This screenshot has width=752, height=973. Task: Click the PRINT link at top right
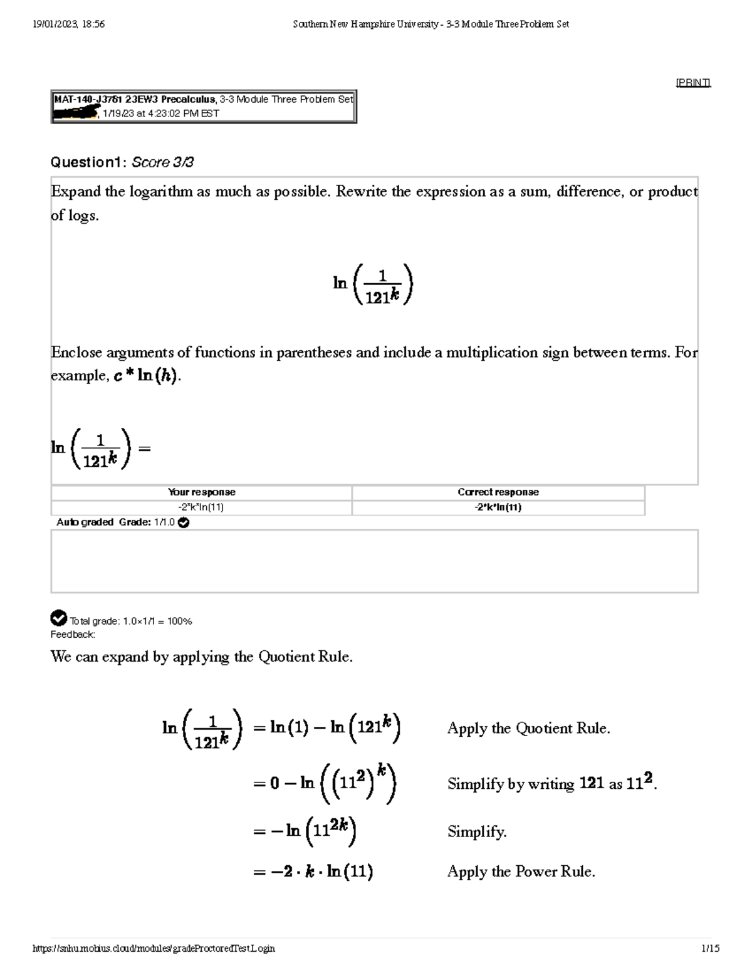pos(692,83)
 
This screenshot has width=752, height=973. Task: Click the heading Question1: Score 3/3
pos(122,163)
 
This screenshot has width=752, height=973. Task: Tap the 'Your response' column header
pos(201,492)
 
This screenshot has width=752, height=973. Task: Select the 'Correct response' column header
pos(498,492)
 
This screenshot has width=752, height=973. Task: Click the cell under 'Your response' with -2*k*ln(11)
pos(201,507)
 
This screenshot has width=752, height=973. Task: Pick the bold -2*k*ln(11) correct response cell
pos(498,507)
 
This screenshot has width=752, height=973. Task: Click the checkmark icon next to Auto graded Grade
pos(184,523)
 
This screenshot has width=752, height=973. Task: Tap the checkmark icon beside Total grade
pos(58,618)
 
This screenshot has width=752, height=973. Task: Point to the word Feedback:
pos(73,635)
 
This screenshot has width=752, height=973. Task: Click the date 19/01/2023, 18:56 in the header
pos(68,24)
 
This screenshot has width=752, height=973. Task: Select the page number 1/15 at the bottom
pos(711,949)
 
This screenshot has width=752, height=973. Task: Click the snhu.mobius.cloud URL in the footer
pos(154,949)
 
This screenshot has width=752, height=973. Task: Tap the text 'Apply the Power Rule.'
pos(521,872)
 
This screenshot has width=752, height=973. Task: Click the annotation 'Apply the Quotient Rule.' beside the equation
pos(528,728)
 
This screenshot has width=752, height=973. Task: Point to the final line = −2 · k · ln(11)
pos(313,872)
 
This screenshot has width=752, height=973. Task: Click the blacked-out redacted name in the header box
pos(76,113)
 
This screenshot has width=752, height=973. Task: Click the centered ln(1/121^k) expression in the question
pos(373,284)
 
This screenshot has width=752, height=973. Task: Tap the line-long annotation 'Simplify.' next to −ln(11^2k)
pos(477,832)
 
